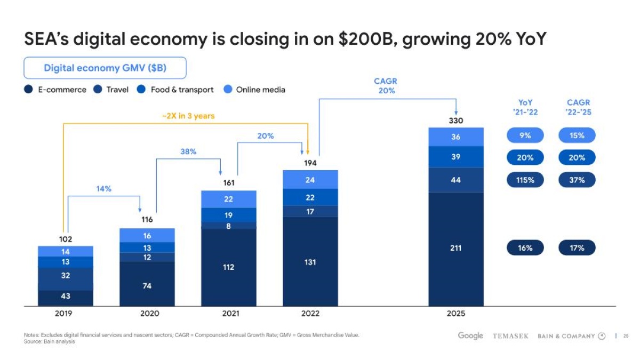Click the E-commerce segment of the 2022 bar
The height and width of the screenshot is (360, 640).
click(x=310, y=262)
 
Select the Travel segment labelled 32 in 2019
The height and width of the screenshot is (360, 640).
click(x=66, y=276)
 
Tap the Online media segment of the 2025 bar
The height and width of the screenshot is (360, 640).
click(x=455, y=137)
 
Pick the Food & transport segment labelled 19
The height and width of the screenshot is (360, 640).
click(x=228, y=215)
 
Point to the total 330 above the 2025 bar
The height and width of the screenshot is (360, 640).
click(x=455, y=121)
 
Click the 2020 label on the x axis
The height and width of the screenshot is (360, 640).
click(x=147, y=314)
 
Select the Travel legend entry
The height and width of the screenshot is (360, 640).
click(x=111, y=90)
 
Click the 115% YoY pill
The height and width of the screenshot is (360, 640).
click(x=525, y=180)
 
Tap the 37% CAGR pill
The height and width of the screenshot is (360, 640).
click(x=577, y=180)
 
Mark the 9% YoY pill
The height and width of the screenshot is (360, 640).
click(x=525, y=135)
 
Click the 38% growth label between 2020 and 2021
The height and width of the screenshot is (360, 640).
click(x=188, y=151)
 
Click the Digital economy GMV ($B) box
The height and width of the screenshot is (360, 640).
click(x=105, y=68)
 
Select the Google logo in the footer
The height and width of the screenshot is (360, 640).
click(x=470, y=335)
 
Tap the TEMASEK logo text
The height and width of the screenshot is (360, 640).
click(x=510, y=336)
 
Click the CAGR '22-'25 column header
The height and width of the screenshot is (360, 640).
click(x=578, y=107)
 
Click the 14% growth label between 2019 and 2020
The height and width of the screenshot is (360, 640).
click(x=103, y=189)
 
